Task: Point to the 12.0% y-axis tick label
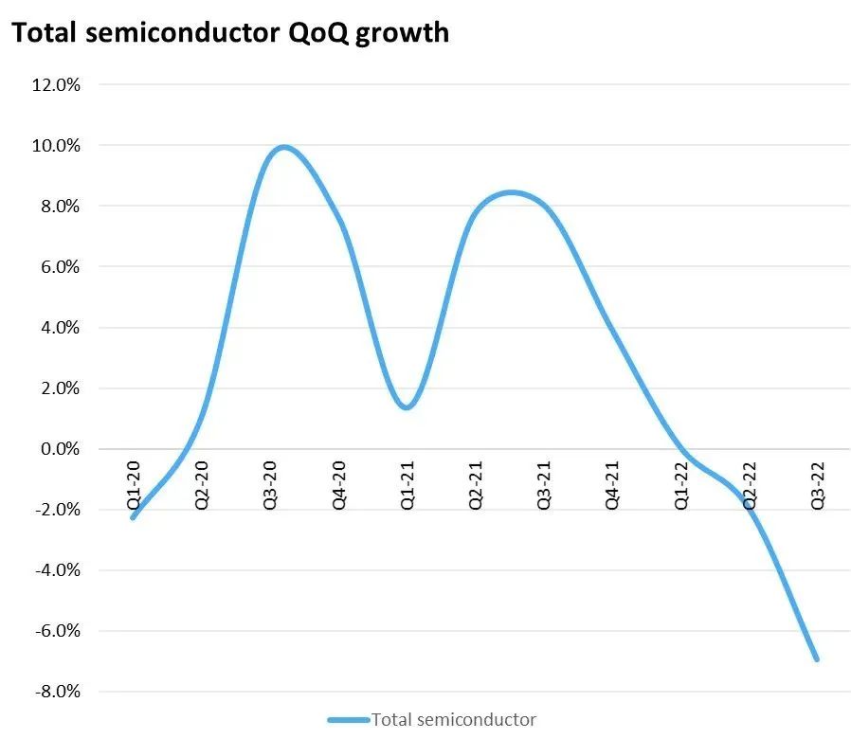(x=57, y=85)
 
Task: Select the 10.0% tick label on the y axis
(x=57, y=146)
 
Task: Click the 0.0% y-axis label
(x=61, y=449)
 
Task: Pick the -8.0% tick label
(x=58, y=692)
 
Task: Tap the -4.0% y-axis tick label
(x=58, y=570)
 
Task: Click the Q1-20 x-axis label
(x=134, y=483)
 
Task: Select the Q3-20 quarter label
(x=270, y=483)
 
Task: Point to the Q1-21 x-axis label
(x=407, y=483)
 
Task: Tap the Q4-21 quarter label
(x=612, y=483)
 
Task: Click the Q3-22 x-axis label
(x=817, y=483)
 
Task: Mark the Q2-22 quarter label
(x=749, y=483)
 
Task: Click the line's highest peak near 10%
(x=283, y=147)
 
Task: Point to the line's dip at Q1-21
(x=407, y=407)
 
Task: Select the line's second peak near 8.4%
(x=512, y=192)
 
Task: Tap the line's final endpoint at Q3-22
(x=816, y=658)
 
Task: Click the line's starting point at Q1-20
(x=133, y=517)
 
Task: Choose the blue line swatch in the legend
(x=348, y=720)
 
